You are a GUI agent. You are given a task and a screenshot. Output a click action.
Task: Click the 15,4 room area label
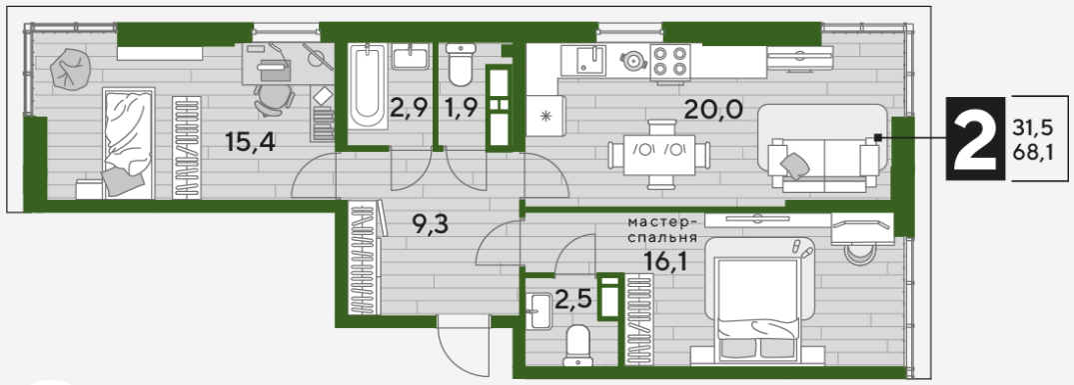click(250, 142)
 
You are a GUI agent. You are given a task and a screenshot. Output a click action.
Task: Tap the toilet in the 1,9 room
click(460, 64)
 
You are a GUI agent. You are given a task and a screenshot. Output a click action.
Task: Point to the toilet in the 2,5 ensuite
click(577, 345)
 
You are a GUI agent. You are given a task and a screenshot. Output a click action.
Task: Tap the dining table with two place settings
click(659, 154)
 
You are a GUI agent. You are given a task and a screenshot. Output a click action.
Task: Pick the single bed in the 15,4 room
click(128, 142)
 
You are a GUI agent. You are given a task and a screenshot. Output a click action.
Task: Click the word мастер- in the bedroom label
click(663, 223)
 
